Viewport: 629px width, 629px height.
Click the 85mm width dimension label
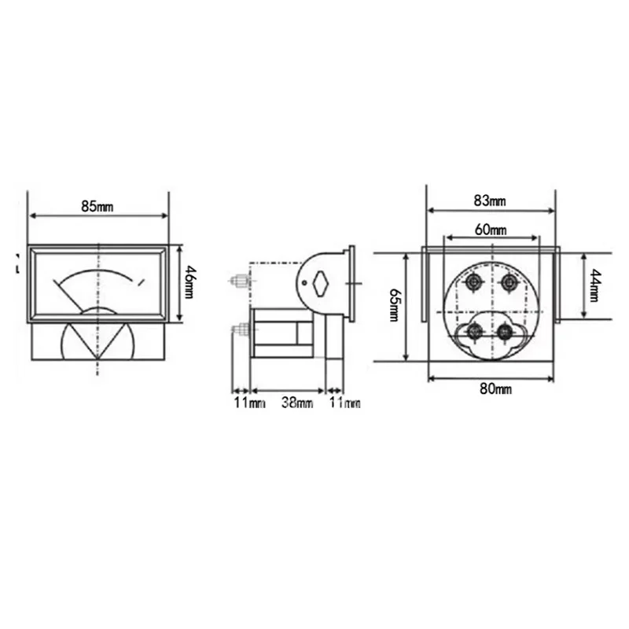[x=97, y=207]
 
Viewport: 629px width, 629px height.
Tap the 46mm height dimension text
[x=189, y=284]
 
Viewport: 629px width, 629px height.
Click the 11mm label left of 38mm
[x=248, y=403]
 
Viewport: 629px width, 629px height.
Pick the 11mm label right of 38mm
[x=344, y=403]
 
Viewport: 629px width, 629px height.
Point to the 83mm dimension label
[x=491, y=200]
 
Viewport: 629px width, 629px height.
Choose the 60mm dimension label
[x=491, y=230]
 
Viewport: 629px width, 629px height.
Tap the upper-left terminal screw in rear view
[x=473, y=281]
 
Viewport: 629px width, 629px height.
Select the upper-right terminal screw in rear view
[x=509, y=281]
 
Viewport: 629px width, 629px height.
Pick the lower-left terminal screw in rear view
[x=474, y=332]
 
